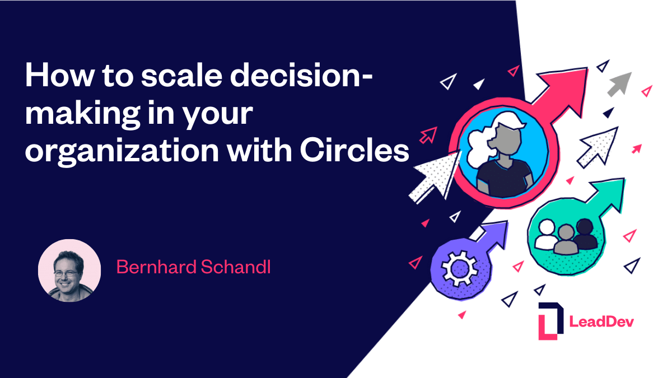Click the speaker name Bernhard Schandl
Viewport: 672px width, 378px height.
coord(193,267)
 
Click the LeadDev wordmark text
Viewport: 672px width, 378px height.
coord(601,321)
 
